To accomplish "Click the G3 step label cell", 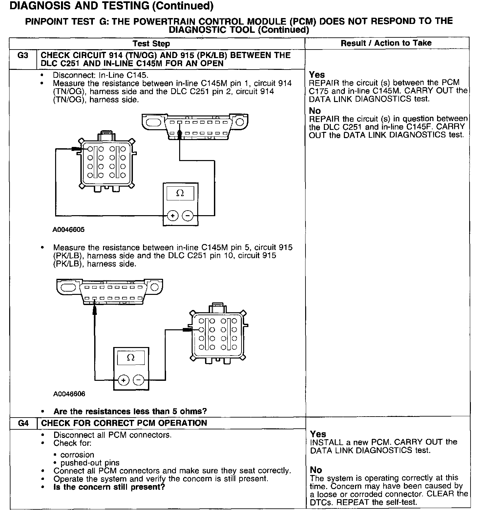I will tap(23, 55).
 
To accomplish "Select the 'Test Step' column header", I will tap(151, 44).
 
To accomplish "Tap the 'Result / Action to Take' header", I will tap(386, 43).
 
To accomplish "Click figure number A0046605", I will tap(68, 230).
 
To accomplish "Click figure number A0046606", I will tap(69, 394).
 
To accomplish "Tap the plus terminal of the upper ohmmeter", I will tap(173, 215).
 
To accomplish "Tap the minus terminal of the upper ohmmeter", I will tap(188, 215).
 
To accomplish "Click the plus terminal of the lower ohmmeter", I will tap(123, 380).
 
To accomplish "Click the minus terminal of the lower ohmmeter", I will tap(138, 380).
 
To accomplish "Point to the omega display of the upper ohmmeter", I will tap(180, 193).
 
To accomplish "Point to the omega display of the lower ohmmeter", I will tap(131, 358).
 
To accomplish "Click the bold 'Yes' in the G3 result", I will tap(317, 75).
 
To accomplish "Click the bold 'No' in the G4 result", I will tap(316, 470).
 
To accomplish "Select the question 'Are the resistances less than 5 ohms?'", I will tap(130, 411).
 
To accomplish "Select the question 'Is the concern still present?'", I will tap(109, 487).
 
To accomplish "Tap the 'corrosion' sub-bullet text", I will tap(77, 455).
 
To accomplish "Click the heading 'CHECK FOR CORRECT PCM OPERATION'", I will tap(124, 423).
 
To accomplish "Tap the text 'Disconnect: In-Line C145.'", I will tap(101, 75).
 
